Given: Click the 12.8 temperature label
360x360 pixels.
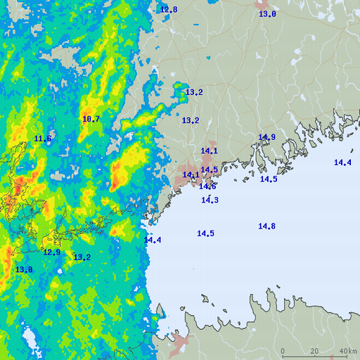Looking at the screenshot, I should coord(169,10).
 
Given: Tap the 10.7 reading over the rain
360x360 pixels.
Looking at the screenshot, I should coord(91,119).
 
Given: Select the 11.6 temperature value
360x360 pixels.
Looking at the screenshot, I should coord(43,139).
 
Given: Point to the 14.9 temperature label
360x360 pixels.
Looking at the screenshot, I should coord(266,137).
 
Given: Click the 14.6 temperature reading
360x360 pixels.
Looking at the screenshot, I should coord(207,186).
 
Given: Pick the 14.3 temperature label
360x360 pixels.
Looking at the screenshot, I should coord(210,200).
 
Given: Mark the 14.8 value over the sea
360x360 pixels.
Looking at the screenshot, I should coord(266,226).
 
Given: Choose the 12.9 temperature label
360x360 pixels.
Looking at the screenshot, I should coord(51,252).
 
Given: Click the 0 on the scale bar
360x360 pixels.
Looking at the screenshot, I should coord(283,351).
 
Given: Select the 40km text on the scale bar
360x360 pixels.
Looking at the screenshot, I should coord(347,351).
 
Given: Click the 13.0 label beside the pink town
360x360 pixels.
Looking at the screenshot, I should coord(267,14).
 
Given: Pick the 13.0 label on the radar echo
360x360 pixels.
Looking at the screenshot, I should coord(24,269).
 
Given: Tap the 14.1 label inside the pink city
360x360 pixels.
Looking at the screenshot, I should coord(191,175).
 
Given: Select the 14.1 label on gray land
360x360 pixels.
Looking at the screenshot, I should coord(209,151).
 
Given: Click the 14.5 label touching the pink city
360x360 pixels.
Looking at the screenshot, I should coord(209,169).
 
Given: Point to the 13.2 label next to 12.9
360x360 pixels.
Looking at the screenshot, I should coord(82,257).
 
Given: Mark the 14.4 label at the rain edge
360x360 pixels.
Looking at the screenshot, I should coord(153,240).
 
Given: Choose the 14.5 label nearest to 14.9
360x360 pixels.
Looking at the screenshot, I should coord(269,179).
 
